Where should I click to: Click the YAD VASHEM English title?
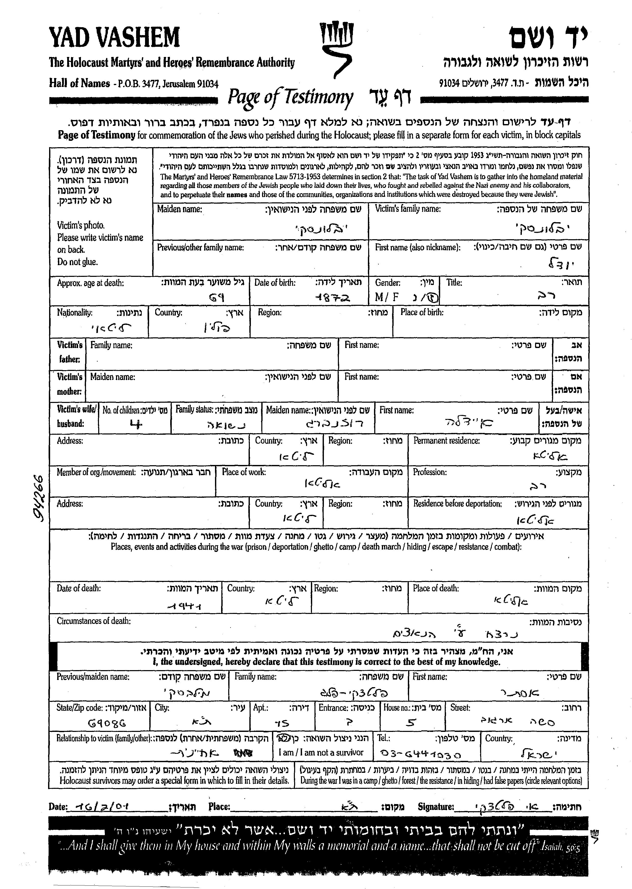pyautogui.click(x=114, y=38)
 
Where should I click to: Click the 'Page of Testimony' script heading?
pyautogui.click(x=290, y=97)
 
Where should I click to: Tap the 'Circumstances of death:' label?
pyautogui.click(x=94, y=621)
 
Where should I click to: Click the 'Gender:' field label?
pyautogui.click(x=387, y=283)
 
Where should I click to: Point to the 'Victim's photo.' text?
pyautogui.click(x=81, y=225)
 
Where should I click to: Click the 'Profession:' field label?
pyautogui.click(x=430, y=472)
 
